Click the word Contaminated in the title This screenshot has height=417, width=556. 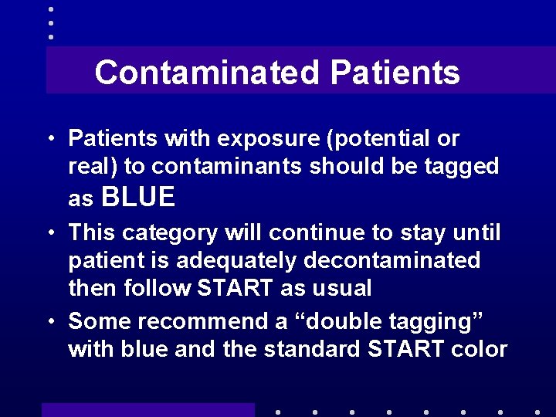206,73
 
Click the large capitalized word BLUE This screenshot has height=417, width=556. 138,198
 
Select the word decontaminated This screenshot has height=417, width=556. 391,261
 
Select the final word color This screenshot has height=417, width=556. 476,349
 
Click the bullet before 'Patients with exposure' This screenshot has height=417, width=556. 50,140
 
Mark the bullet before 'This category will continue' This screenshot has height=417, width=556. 50,233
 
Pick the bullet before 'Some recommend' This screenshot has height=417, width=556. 50,321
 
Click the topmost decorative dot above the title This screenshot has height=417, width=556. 50,9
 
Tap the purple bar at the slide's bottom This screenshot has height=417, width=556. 147,409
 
